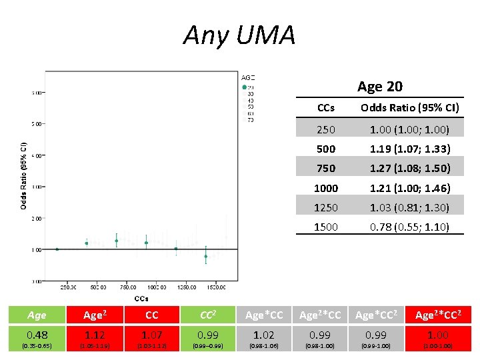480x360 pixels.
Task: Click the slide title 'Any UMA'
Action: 239,35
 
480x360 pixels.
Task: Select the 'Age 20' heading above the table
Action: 379,86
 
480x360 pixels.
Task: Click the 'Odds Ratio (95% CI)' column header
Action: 410,107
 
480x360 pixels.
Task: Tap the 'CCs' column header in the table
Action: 326,107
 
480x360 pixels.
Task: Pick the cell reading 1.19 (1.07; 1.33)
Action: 410,149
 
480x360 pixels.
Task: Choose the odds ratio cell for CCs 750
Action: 410,168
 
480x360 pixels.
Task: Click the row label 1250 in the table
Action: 326,207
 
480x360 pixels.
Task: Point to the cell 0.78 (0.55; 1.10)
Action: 410,227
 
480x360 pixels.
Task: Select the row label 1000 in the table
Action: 326,188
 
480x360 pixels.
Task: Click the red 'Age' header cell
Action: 37,315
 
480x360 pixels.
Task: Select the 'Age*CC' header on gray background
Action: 265,315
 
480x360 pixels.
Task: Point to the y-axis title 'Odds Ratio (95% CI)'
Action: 23,175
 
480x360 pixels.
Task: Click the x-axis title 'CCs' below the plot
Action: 141,298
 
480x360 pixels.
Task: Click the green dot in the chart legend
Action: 245,87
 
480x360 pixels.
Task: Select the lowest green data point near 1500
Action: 206,256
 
